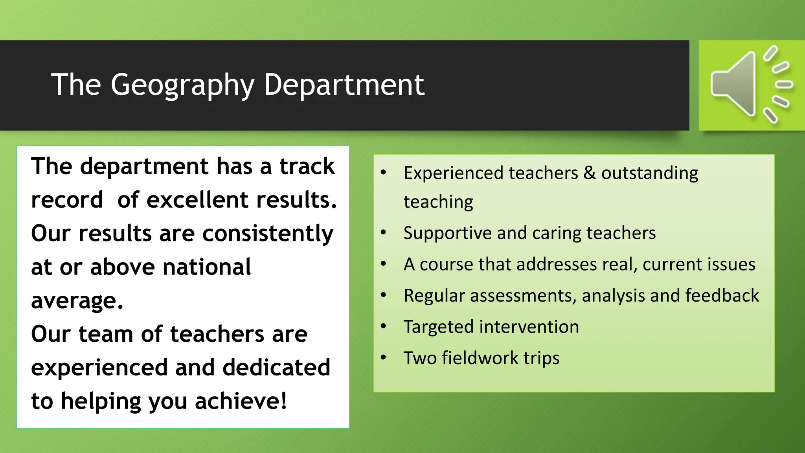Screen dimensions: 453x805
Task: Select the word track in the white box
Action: [307, 166]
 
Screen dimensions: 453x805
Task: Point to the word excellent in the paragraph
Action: [197, 200]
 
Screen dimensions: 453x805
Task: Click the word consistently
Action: [268, 234]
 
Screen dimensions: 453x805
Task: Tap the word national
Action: [207, 267]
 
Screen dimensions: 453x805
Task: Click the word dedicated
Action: [276, 368]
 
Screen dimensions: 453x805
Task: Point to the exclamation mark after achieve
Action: [283, 401]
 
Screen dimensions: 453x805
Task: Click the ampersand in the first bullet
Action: [589, 173]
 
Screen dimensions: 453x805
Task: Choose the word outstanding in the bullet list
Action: [649, 173]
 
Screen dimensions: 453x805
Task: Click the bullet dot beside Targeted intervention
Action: [384, 326]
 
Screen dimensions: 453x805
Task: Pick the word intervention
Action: [529, 327]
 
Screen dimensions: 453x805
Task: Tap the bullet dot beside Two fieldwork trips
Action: [384, 357]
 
